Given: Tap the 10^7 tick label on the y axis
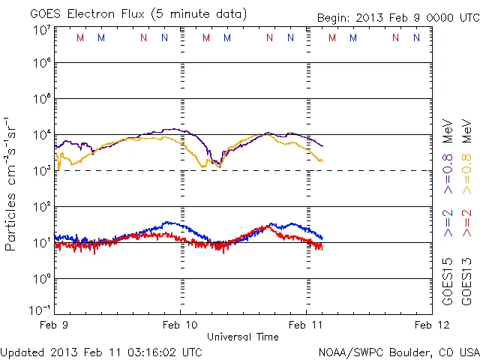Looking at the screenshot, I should (x=41, y=30).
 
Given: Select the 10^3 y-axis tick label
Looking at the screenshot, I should (x=41, y=171).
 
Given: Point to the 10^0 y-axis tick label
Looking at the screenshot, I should (x=41, y=279).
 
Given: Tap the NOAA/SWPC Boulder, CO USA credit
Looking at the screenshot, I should (x=398, y=352).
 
